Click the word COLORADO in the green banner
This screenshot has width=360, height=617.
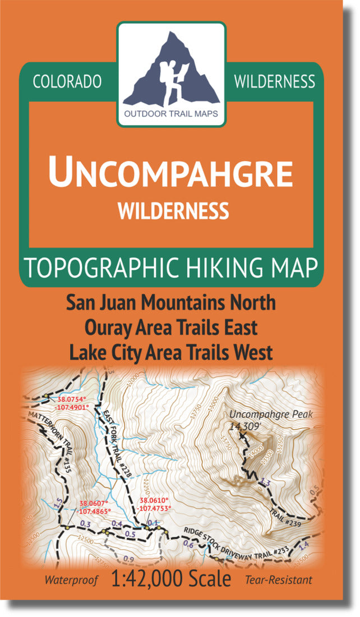click(x=67, y=82)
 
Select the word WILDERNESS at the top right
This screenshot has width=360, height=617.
click(x=274, y=82)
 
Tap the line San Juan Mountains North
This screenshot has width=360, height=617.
click(x=171, y=303)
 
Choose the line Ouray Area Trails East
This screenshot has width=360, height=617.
click(x=171, y=328)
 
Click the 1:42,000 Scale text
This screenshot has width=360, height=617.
click(x=171, y=579)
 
